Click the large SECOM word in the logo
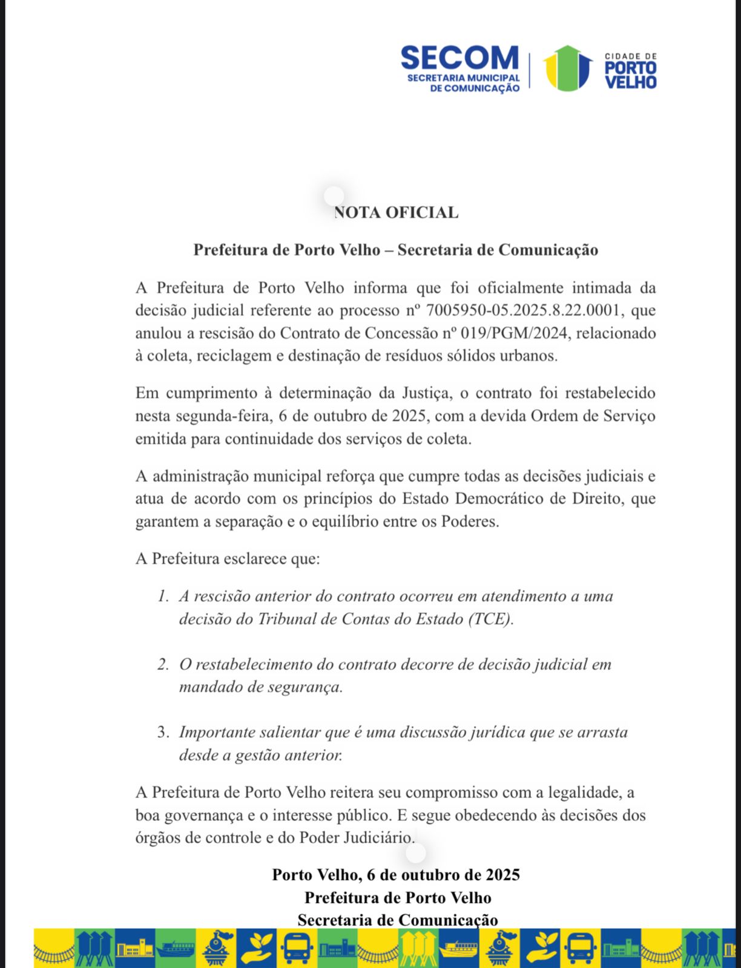[x=459, y=58]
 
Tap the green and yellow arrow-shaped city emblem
[x=567, y=68]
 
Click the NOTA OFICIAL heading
[x=396, y=213]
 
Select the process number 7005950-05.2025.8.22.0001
[x=523, y=310]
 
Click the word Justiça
[x=426, y=393]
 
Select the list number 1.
[x=163, y=597]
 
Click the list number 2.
[x=163, y=665]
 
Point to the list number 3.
[x=163, y=733]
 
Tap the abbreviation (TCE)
[x=490, y=620]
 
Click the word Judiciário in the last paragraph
[x=379, y=838]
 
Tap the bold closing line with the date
[x=396, y=875]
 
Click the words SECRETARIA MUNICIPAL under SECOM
[x=463, y=78]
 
